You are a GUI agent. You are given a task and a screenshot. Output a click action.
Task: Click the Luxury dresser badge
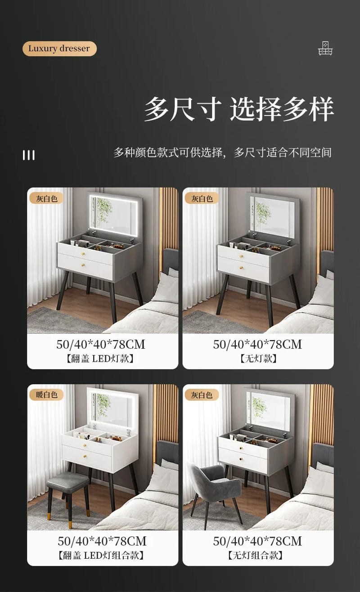coord(59,49)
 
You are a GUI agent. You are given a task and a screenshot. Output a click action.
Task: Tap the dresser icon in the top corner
coord(325,49)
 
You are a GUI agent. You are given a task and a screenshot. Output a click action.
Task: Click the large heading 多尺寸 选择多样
coord(238,109)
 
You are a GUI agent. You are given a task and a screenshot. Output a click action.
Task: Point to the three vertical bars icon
coord(29,155)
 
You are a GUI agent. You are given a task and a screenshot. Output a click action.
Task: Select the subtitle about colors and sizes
coord(222,152)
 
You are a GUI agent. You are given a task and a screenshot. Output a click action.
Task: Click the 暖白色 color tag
coord(47,395)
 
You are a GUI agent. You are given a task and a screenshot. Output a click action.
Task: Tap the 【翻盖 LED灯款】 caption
coord(102,359)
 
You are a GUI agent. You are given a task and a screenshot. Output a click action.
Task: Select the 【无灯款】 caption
coord(258,359)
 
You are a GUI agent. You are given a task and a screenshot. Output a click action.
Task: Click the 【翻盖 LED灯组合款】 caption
coord(102,555)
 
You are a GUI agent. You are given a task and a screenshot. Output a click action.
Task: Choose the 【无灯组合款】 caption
coord(258,555)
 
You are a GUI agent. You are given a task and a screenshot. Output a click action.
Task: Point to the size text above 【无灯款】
coord(258,345)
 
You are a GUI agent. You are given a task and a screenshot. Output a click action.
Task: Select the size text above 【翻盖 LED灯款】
coord(102,345)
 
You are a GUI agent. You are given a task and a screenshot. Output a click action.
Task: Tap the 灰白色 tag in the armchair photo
coord(202,395)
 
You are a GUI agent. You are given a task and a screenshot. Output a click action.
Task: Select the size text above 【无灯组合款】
coord(258,541)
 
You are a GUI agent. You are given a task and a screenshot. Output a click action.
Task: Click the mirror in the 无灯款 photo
coord(271,215)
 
